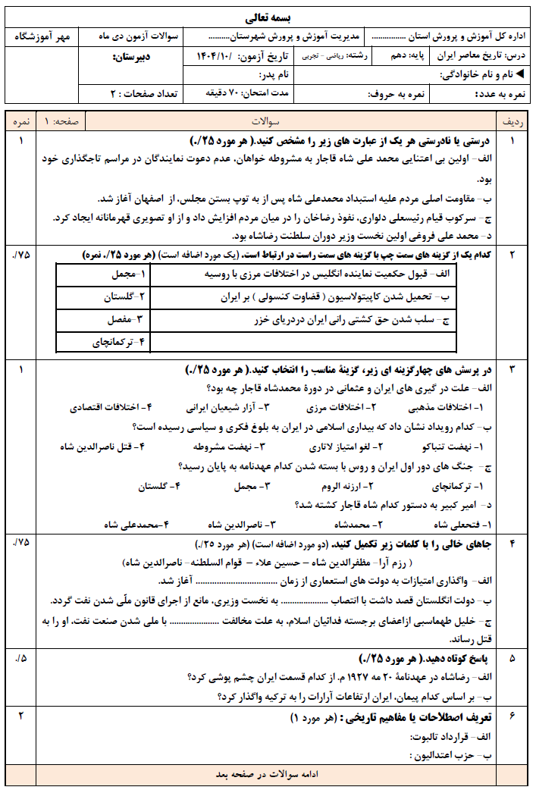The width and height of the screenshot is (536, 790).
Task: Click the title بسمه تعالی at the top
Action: [x=268, y=17]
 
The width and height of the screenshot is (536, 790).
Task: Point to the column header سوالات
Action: [x=267, y=121]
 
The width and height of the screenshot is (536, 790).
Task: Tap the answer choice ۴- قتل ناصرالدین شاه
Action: [x=102, y=447]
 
